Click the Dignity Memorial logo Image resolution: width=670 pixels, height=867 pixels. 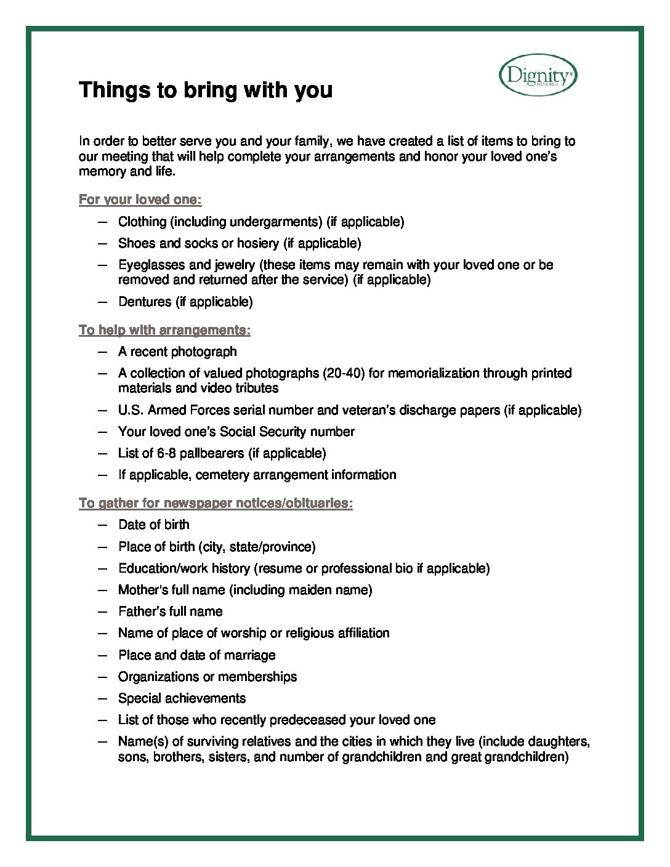coord(538,75)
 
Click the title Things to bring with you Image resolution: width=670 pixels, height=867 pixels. coord(206,90)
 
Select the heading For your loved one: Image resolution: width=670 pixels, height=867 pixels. coord(140,200)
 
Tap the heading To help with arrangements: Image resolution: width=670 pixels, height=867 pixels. coord(164,330)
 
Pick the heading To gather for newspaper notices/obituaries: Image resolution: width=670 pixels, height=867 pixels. coord(216,503)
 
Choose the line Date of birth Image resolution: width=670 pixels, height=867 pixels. coord(154,525)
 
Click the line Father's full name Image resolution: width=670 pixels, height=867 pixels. coord(171,611)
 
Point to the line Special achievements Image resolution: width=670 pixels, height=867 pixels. coord(182,698)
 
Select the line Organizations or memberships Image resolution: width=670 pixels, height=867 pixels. coord(208,677)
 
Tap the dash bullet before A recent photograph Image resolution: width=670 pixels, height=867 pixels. coord(103,352)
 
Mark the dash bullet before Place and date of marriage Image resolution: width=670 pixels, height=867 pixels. coord(103,655)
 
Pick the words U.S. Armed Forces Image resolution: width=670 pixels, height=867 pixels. coord(170,410)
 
